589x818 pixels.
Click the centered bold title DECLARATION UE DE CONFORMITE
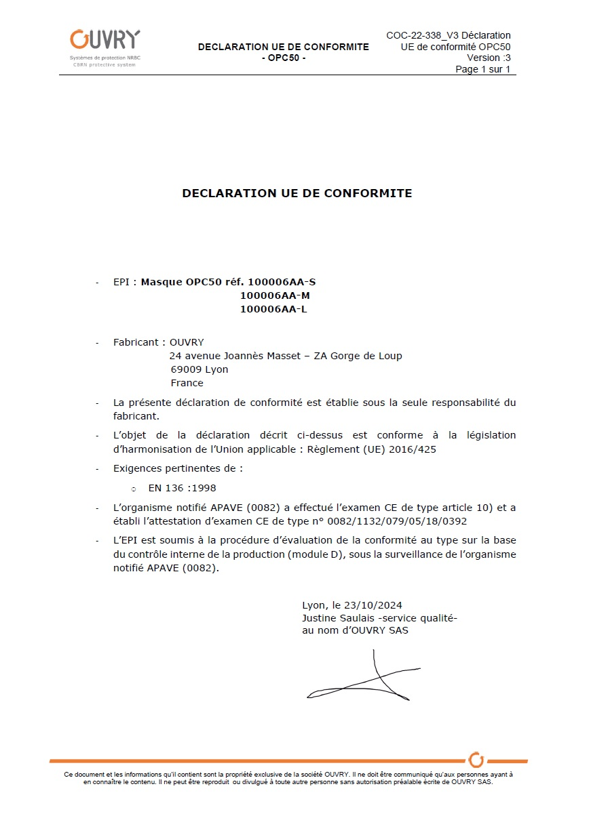point(297,193)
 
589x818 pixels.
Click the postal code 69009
point(185,369)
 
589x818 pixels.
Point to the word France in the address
point(187,383)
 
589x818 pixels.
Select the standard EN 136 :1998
point(182,488)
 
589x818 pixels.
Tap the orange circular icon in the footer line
point(476,760)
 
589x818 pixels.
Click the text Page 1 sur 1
point(482,69)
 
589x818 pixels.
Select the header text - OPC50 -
point(284,58)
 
